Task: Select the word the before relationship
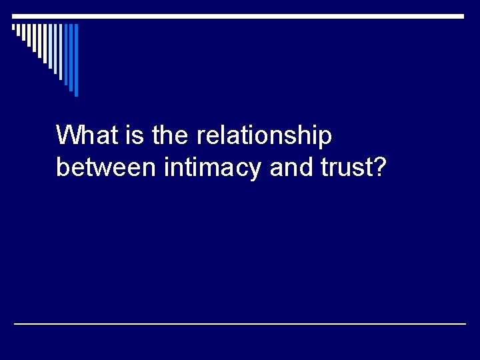[171, 135]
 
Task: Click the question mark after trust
[378, 167]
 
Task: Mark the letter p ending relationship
[325, 139]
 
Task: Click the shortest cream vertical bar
[13, 27]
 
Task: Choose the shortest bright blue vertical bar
[66, 53]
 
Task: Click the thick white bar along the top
[240, 16]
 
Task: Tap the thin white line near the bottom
[240, 323]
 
